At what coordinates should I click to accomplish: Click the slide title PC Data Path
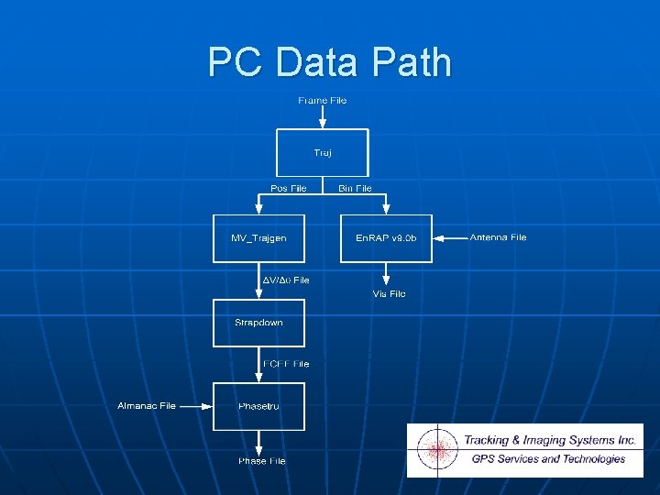pos(330,62)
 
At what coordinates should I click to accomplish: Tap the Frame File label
pos(323,101)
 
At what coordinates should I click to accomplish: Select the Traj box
pos(323,152)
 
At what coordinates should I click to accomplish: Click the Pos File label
pos(289,188)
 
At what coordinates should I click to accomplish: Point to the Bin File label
pos(355,188)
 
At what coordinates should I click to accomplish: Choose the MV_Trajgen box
pos(258,238)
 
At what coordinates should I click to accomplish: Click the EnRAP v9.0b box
pos(386,238)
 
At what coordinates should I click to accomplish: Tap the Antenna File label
pos(498,237)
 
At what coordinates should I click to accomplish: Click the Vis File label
pos(389,294)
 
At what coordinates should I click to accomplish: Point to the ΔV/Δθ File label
pos(286,280)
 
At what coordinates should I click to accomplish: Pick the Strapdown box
pos(258,323)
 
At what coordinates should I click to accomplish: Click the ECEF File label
pos(286,364)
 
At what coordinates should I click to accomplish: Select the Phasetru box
pos(258,406)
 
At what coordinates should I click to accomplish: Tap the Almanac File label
pos(147,405)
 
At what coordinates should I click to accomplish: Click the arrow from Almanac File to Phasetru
pos(194,405)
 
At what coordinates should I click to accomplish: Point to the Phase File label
pos(262,461)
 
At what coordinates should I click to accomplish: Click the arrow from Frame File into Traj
pos(323,117)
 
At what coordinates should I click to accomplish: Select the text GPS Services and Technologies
pos(548,459)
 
